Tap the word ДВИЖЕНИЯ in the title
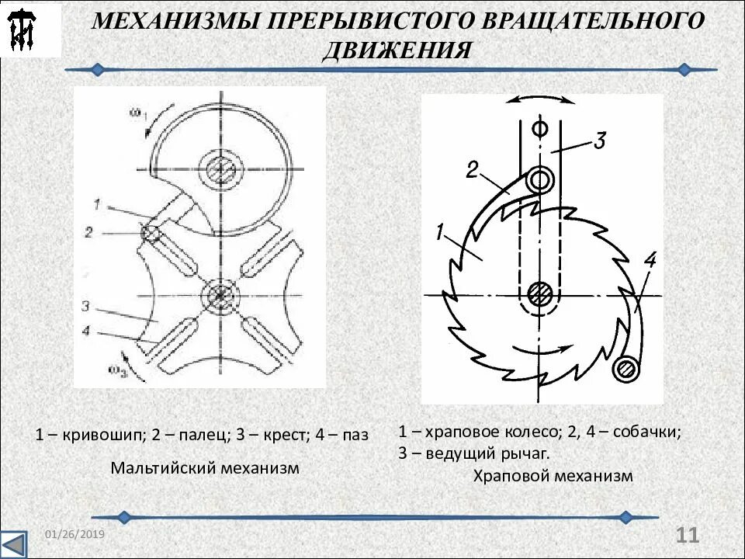(397, 49)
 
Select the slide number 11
(688, 535)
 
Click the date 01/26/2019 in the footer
(74, 536)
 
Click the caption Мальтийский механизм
(204, 469)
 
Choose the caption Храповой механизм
(553, 476)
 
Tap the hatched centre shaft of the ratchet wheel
(539, 293)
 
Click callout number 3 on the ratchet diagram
(599, 141)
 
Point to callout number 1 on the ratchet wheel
(439, 231)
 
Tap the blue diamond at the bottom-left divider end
(123, 517)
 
